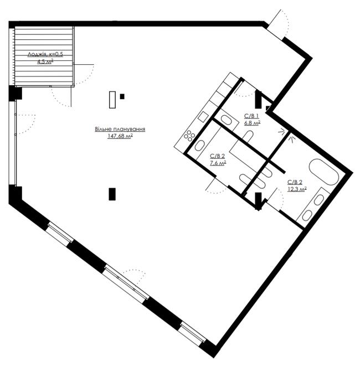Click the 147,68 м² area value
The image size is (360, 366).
[x=120, y=136]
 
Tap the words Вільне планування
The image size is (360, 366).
[x=120, y=129]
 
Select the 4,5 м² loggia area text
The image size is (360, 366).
[x=45, y=61]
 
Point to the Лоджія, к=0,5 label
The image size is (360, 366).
[x=45, y=54]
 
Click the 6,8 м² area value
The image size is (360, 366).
[x=253, y=123]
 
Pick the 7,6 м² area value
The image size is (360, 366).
[x=218, y=163]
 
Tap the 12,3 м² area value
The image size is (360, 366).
[x=297, y=189]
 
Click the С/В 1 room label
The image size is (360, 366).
[x=251, y=116]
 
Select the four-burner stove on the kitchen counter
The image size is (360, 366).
[x=189, y=136]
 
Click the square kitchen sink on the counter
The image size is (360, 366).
[x=203, y=116]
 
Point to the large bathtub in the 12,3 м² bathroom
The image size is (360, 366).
[x=324, y=172]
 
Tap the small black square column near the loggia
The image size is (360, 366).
[x=122, y=96]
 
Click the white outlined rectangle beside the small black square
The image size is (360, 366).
[x=112, y=100]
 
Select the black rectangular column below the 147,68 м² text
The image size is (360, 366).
[x=112, y=194]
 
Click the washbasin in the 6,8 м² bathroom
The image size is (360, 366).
[x=225, y=120]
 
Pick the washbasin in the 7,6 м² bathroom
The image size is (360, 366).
[x=199, y=145]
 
